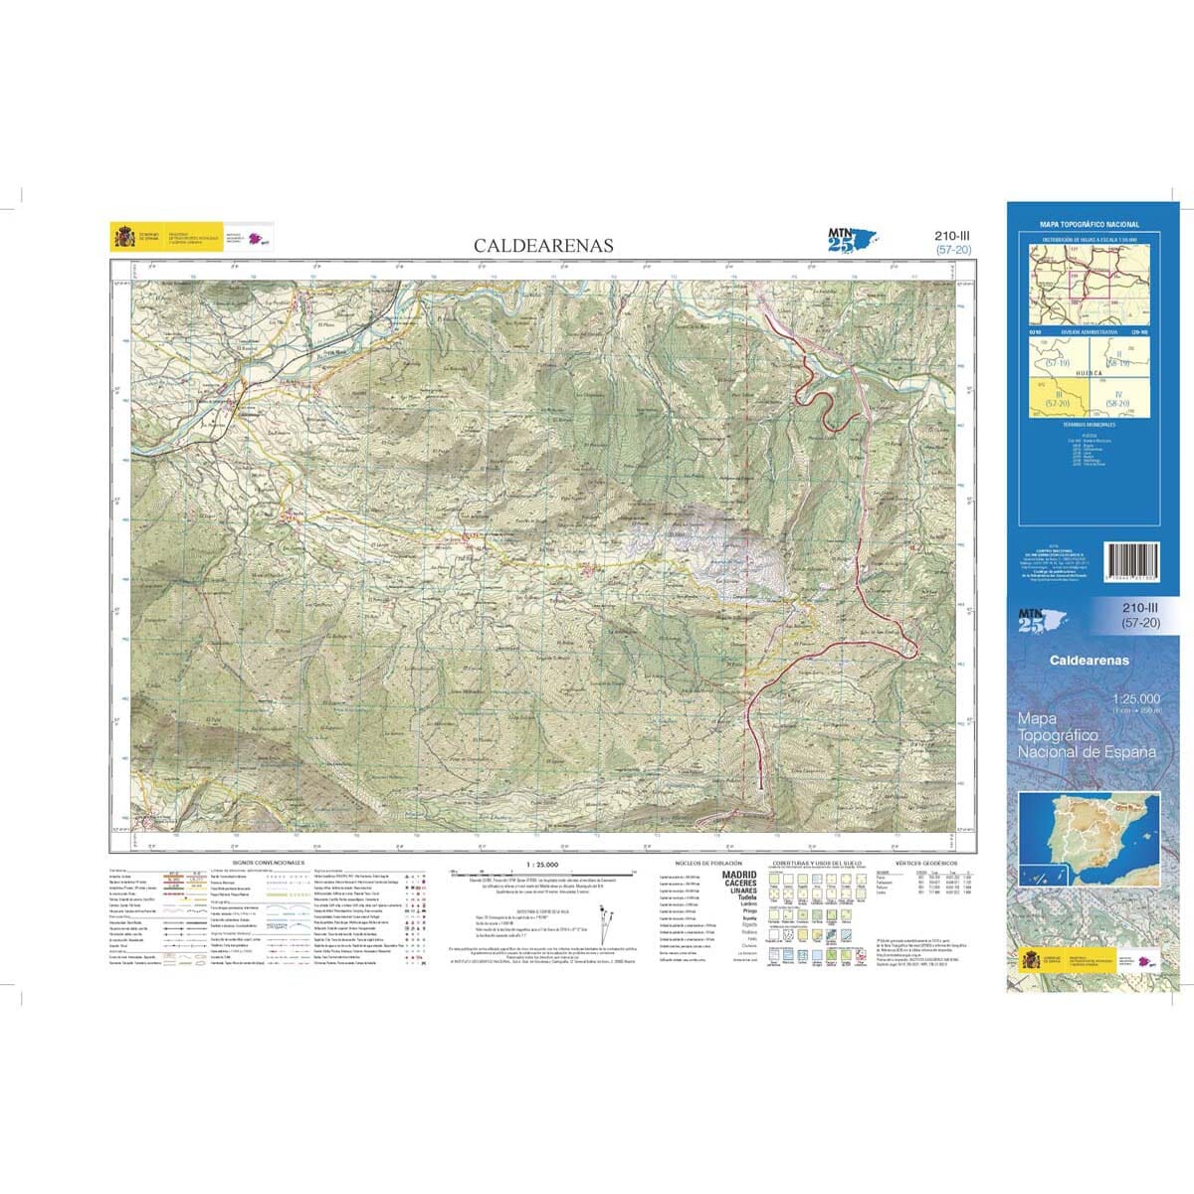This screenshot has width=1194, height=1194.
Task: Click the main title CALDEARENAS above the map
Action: pos(543,246)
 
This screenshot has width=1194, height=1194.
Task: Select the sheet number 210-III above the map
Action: pos(952,236)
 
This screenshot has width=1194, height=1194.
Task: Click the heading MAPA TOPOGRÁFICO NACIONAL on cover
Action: pos(1090,226)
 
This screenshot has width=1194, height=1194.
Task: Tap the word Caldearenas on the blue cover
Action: pos(1090,660)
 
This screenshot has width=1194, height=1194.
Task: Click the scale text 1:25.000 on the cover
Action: pos(1135,698)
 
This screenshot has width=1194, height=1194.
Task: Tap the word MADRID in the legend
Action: pos(738,875)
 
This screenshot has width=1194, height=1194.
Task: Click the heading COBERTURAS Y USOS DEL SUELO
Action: pos(818,863)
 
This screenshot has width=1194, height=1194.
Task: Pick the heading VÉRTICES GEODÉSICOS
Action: pos(925,863)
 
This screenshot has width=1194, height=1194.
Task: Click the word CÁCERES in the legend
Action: pos(738,883)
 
